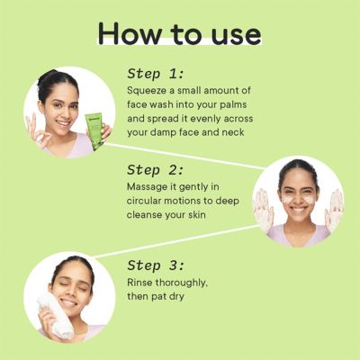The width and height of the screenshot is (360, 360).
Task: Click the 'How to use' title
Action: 180,32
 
